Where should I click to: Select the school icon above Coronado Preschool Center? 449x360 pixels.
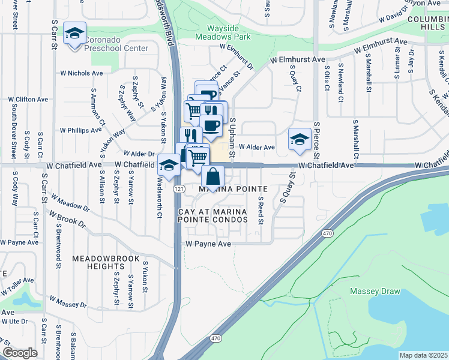coord(75,34)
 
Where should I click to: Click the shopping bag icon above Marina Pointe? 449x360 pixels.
coord(212,178)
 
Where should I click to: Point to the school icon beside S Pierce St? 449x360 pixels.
coord(298,140)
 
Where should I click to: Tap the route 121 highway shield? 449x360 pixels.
coord(178,188)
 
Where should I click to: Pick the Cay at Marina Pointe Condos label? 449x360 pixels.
coord(213,216)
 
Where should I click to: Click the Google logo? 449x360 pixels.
coord(20,353)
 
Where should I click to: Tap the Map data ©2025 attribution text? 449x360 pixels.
coord(423,355)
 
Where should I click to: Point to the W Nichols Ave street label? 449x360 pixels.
coord(81,73)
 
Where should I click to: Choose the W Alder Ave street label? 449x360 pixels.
coord(256,147)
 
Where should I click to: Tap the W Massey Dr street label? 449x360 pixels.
coord(68,302)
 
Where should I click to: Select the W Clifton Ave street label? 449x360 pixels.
coord(30,100)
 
